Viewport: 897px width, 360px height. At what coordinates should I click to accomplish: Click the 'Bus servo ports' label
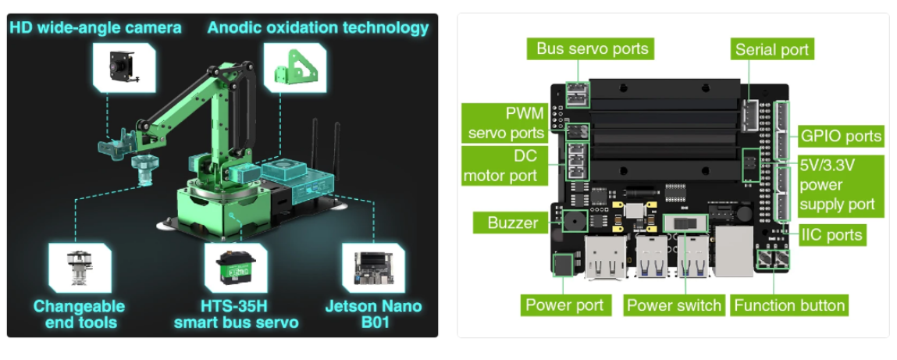pyautogui.click(x=592, y=48)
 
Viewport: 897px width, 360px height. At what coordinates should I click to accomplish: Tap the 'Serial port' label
pyautogui.click(x=772, y=50)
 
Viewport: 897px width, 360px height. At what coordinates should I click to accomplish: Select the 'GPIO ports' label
pyautogui.click(x=841, y=136)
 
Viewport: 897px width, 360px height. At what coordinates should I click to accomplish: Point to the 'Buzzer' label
pyautogui.click(x=512, y=223)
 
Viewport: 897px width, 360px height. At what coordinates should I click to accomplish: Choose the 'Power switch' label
pyautogui.click(x=674, y=305)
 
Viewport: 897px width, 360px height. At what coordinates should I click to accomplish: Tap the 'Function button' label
pyautogui.click(x=789, y=305)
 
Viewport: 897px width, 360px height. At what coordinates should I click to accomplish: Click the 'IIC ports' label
pyautogui.click(x=832, y=234)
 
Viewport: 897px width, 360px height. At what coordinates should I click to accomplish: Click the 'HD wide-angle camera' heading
pyautogui.click(x=95, y=28)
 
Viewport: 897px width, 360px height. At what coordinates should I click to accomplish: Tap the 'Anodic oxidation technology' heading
pyautogui.click(x=319, y=28)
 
